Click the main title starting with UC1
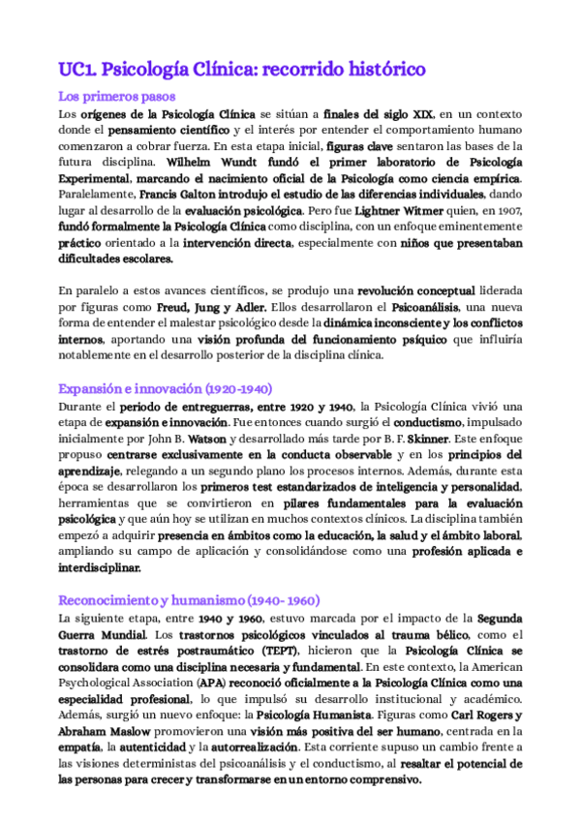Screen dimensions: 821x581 [242, 69]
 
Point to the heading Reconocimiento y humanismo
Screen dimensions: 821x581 [190, 600]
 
